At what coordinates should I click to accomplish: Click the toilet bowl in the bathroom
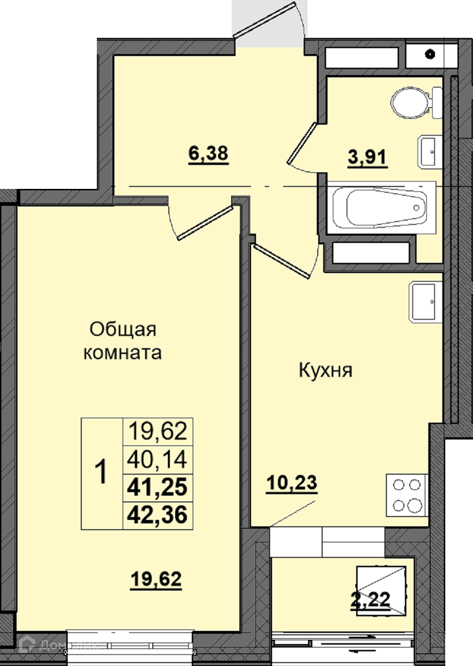coord(416,103)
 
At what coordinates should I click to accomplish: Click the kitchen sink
coord(425,302)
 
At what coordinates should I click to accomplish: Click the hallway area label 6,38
coord(208,155)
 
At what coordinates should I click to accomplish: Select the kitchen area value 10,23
coord(291,483)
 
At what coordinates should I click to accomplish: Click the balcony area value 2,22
coord(370,583)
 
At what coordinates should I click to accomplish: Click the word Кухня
coord(326,371)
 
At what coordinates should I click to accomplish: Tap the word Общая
coord(123,330)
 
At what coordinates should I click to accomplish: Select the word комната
coord(123,353)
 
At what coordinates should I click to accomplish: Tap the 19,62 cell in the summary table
coord(158,432)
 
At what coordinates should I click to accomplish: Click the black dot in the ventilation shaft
coord(430,55)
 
